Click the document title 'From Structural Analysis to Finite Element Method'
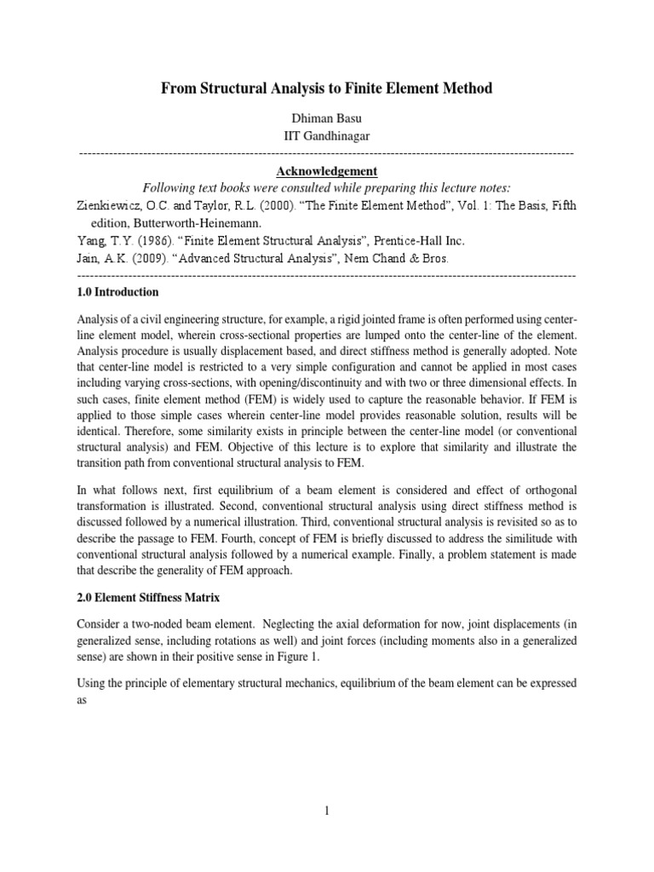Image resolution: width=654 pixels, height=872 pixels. pyautogui.click(x=327, y=88)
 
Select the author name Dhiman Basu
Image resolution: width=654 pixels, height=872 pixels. pyautogui.click(x=327, y=121)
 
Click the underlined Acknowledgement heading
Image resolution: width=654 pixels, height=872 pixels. pyautogui.click(x=327, y=171)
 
